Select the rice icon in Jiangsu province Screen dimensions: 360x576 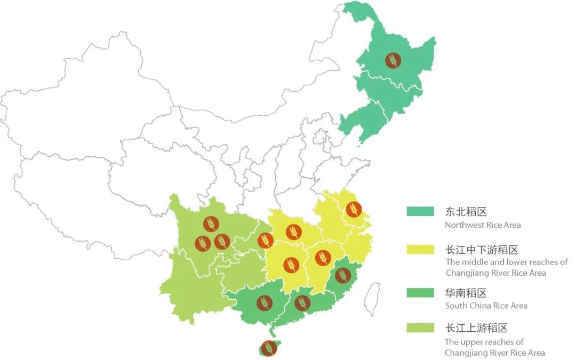[x=354, y=210]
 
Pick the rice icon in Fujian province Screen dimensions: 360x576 [x=342, y=276]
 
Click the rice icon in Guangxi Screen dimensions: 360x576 [x=265, y=303]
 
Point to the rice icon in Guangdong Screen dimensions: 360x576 [x=302, y=303]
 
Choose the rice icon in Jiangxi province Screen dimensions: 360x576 [x=323, y=258]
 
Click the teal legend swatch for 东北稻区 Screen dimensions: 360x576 [x=420, y=212]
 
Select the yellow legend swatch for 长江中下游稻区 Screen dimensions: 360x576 [x=420, y=250]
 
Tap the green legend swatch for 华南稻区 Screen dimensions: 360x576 [x=420, y=293]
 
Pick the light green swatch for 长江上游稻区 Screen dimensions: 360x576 [x=420, y=328]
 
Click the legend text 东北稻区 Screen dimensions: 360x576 [x=466, y=212]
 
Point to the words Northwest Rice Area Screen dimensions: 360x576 [x=483, y=225]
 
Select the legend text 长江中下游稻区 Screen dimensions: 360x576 [x=482, y=250]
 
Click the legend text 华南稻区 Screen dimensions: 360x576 [x=466, y=293]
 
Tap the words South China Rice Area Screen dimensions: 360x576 [x=486, y=306]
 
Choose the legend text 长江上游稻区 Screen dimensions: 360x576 [x=477, y=328]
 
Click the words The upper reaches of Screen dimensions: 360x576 [x=484, y=342]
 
